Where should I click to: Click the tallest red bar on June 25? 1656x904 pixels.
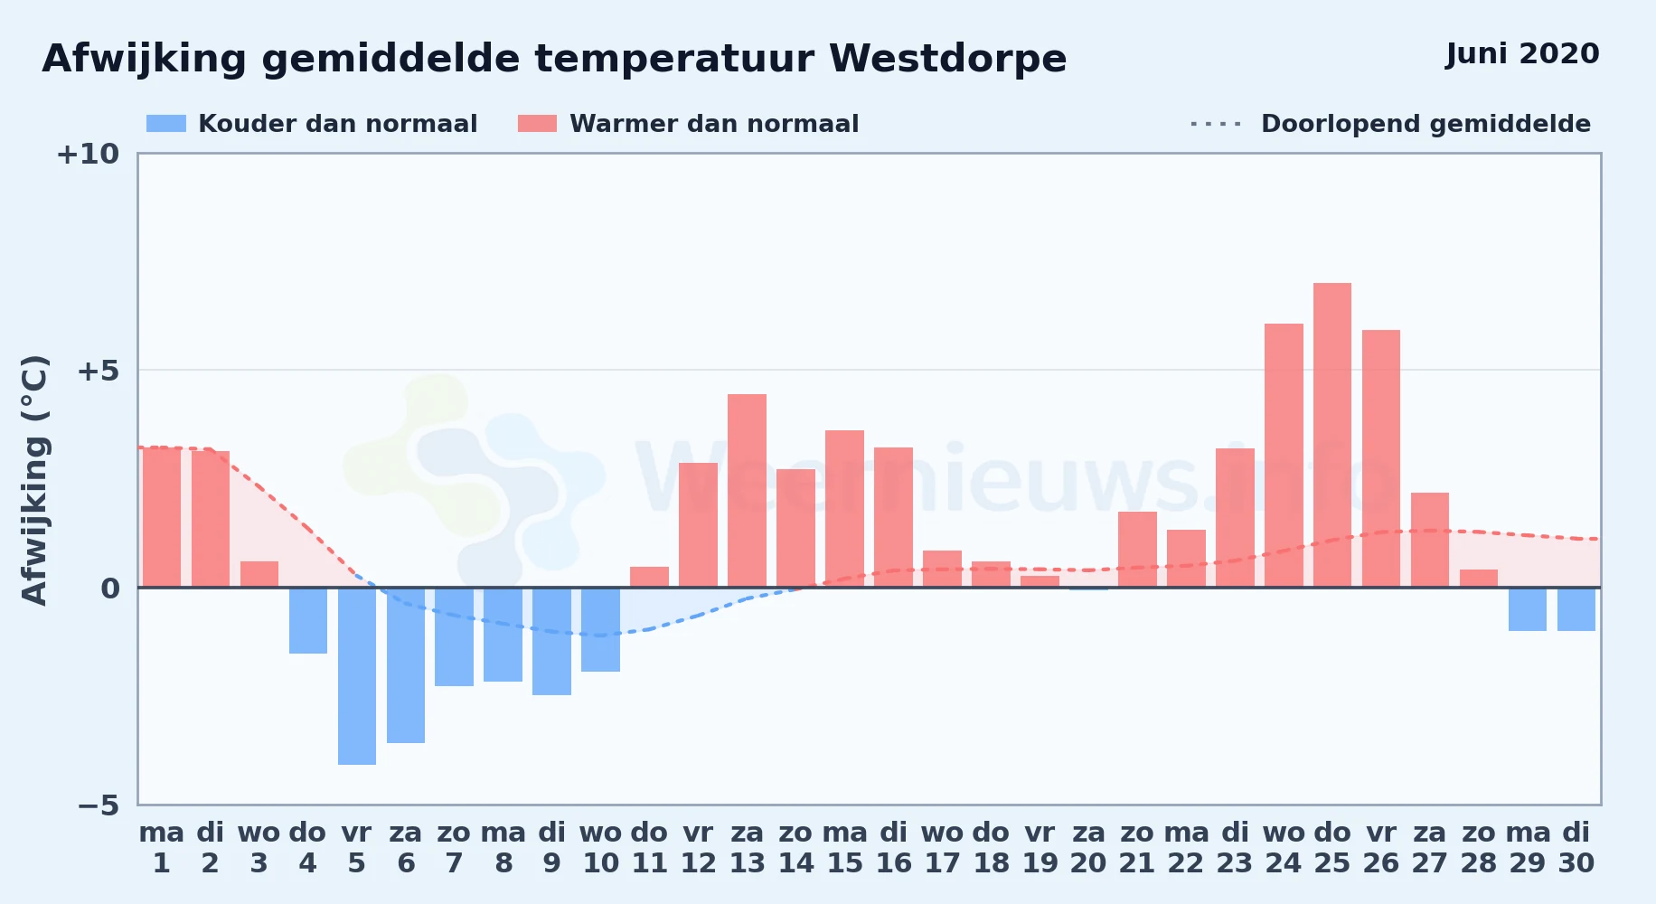pyautogui.click(x=1331, y=435)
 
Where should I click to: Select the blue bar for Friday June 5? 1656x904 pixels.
pyautogui.click(x=357, y=676)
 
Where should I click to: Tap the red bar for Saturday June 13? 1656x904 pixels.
pyautogui.click(x=747, y=491)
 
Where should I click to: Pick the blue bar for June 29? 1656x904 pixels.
pyautogui.click(x=1527, y=609)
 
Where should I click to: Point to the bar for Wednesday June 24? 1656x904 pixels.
pyautogui.click(x=1284, y=456)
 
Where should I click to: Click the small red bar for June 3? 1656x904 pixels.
pyautogui.click(x=259, y=574)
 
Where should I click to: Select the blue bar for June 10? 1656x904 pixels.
pyautogui.click(x=600, y=629)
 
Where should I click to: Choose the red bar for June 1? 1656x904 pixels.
pyautogui.click(x=162, y=517)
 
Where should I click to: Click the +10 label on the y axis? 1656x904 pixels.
pyautogui.click(x=88, y=155)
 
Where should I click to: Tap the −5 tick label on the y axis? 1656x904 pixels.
pyautogui.click(x=99, y=805)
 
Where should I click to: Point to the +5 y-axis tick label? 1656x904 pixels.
pyautogui.click(x=98, y=371)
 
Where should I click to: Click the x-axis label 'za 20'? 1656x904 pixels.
pyautogui.click(x=1088, y=848)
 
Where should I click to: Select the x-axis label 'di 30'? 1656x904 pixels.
pyautogui.click(x=1576, y=848)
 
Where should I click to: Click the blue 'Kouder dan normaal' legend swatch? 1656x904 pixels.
pyautogui.click(x=166, y=124)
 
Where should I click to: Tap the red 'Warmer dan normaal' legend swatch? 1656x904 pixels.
pyautogui.click(x=537, y=124)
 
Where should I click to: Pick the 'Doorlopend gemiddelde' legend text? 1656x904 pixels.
pyautogui.click(x=1425, y=124)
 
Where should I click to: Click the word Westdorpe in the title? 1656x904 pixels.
pyautogui.click(x=947, y=59)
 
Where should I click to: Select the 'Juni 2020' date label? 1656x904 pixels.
pyautogui.click(x=1522, y=54)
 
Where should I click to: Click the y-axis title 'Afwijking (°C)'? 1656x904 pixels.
pyautogui.click(x=34, y=480)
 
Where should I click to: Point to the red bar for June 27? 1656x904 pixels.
pyautogui.click(x=1429, y=540)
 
